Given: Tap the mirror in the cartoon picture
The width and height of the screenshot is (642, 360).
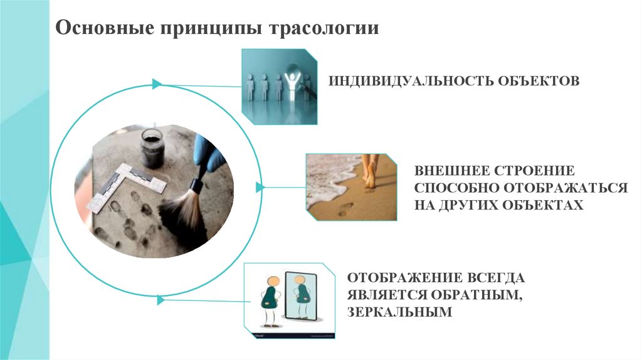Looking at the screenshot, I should [x=300, y=299].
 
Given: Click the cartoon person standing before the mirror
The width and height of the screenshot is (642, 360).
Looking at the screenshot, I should [x=271, y=300].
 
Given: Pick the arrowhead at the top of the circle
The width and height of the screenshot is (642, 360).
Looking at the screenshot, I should [x=157, y=83].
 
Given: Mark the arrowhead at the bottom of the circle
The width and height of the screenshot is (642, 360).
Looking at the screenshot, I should [x=160, y=300].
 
